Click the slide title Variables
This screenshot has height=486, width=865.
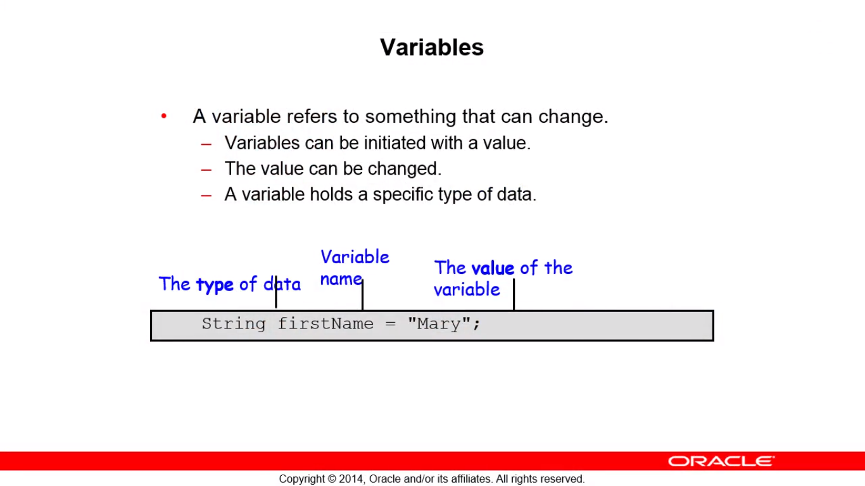click(432, 47)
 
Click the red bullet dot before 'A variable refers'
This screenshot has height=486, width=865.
click(164, 116)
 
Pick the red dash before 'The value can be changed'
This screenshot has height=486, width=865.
click(206, 170)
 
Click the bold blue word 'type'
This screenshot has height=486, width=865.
click(215, 285)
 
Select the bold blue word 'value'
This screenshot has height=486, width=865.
click(493, 268)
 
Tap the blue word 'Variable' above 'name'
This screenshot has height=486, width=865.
click(355, 257)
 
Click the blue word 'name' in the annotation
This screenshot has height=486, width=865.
click(341, 279)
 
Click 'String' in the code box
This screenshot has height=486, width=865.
click(234, 323)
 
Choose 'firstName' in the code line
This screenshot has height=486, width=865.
click(325, 323)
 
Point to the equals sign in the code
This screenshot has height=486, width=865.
click(391, 323)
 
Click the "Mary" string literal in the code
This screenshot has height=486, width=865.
click(439, 323)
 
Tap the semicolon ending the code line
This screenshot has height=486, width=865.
click(476, 325)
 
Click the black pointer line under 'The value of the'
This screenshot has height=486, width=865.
click(514, 294)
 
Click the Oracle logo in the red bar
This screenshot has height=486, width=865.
click(721, 461)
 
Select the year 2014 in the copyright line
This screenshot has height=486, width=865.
click(351, 479)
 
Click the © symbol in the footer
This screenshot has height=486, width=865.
click(332, 479)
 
